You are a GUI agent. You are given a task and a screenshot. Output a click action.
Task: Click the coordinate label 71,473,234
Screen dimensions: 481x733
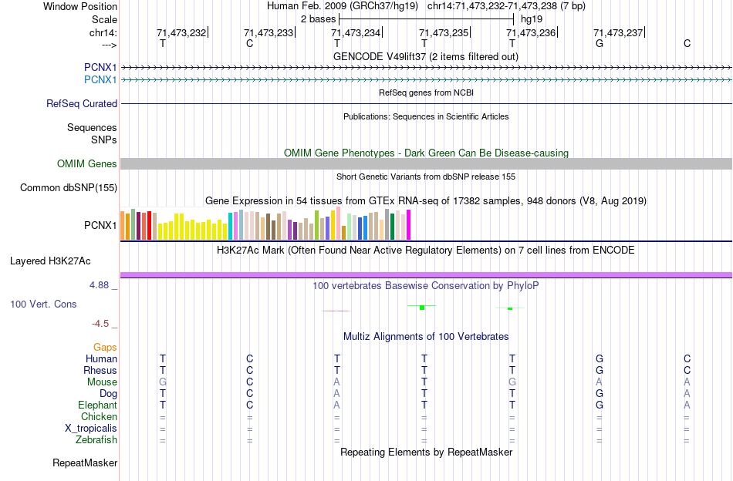pos(356,32)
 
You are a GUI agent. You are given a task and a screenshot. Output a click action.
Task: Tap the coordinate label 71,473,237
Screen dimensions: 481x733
pos(618,32)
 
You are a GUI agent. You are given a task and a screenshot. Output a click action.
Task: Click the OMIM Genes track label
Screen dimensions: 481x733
pos(87,163)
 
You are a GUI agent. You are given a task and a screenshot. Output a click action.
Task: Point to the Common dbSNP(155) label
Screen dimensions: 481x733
pos(69,187)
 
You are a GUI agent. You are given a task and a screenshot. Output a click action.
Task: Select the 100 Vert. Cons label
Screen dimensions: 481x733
pos(43,304)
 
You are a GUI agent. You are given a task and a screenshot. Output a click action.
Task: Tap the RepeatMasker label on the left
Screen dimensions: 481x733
pos(85,463)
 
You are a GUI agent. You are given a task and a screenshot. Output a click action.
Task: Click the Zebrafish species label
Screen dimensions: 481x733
pos(96,440)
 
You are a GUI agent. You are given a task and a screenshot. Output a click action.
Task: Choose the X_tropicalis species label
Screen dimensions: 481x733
pos(91,429)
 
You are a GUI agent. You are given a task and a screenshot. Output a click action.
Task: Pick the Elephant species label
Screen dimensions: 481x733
pos(97,405)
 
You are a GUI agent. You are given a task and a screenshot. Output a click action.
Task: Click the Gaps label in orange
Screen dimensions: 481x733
pos(105,347)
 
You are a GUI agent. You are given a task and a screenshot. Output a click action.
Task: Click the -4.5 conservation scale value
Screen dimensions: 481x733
pos(104,323)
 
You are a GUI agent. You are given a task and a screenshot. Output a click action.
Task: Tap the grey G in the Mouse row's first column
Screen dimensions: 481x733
pos(162,382)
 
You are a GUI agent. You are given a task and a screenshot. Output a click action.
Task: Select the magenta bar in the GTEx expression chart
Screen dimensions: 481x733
pos(408,224)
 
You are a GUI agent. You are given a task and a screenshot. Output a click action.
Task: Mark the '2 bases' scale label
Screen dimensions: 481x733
pos(318,18)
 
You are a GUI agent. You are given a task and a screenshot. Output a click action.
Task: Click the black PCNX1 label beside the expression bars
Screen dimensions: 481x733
pos(100,226)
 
